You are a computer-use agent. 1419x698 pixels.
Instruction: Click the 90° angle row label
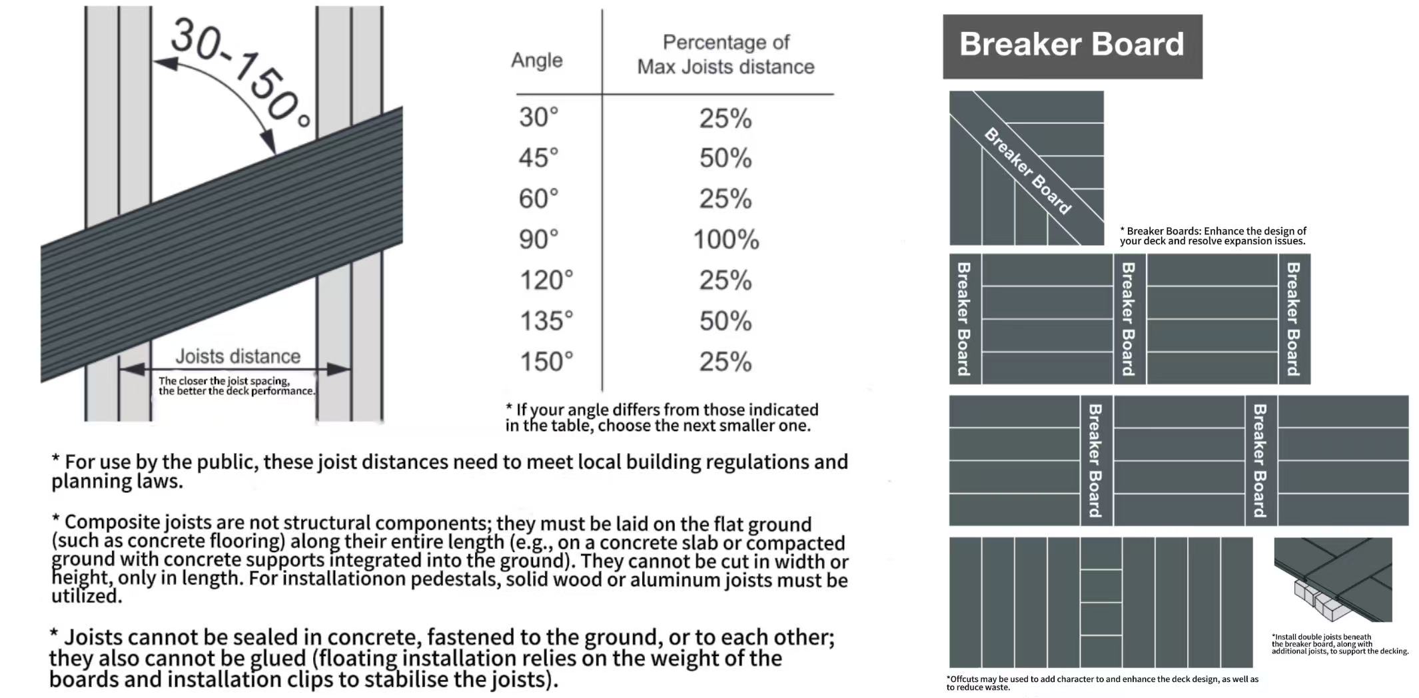[538, 239]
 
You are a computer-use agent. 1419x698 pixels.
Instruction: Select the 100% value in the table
[726, 239]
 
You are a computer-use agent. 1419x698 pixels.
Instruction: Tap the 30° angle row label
[538, 117]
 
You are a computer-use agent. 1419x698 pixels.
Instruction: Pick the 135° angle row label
[546, 321]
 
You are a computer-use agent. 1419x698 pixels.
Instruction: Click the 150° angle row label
[546, 362]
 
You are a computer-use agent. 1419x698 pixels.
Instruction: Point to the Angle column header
[537, 61]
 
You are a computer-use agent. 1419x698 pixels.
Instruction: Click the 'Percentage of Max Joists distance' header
[726, 55]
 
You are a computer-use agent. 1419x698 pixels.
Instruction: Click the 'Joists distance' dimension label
[238, 356]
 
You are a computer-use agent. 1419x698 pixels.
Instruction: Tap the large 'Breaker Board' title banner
[1072, 46]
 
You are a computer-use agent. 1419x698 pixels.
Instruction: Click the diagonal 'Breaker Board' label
[1028, 171]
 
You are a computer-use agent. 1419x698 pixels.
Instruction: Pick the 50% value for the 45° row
[725, 158]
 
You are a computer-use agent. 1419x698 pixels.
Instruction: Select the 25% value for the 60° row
[725, 198]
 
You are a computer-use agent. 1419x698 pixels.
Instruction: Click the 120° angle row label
[546, 280]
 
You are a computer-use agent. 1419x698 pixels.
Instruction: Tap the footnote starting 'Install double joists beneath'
[1340, 644]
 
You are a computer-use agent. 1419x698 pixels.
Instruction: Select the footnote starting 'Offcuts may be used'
[1103, 683]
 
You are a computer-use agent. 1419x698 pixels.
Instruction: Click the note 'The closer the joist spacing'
[236, 386]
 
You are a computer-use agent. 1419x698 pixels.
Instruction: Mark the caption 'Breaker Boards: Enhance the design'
[1212, 236]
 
